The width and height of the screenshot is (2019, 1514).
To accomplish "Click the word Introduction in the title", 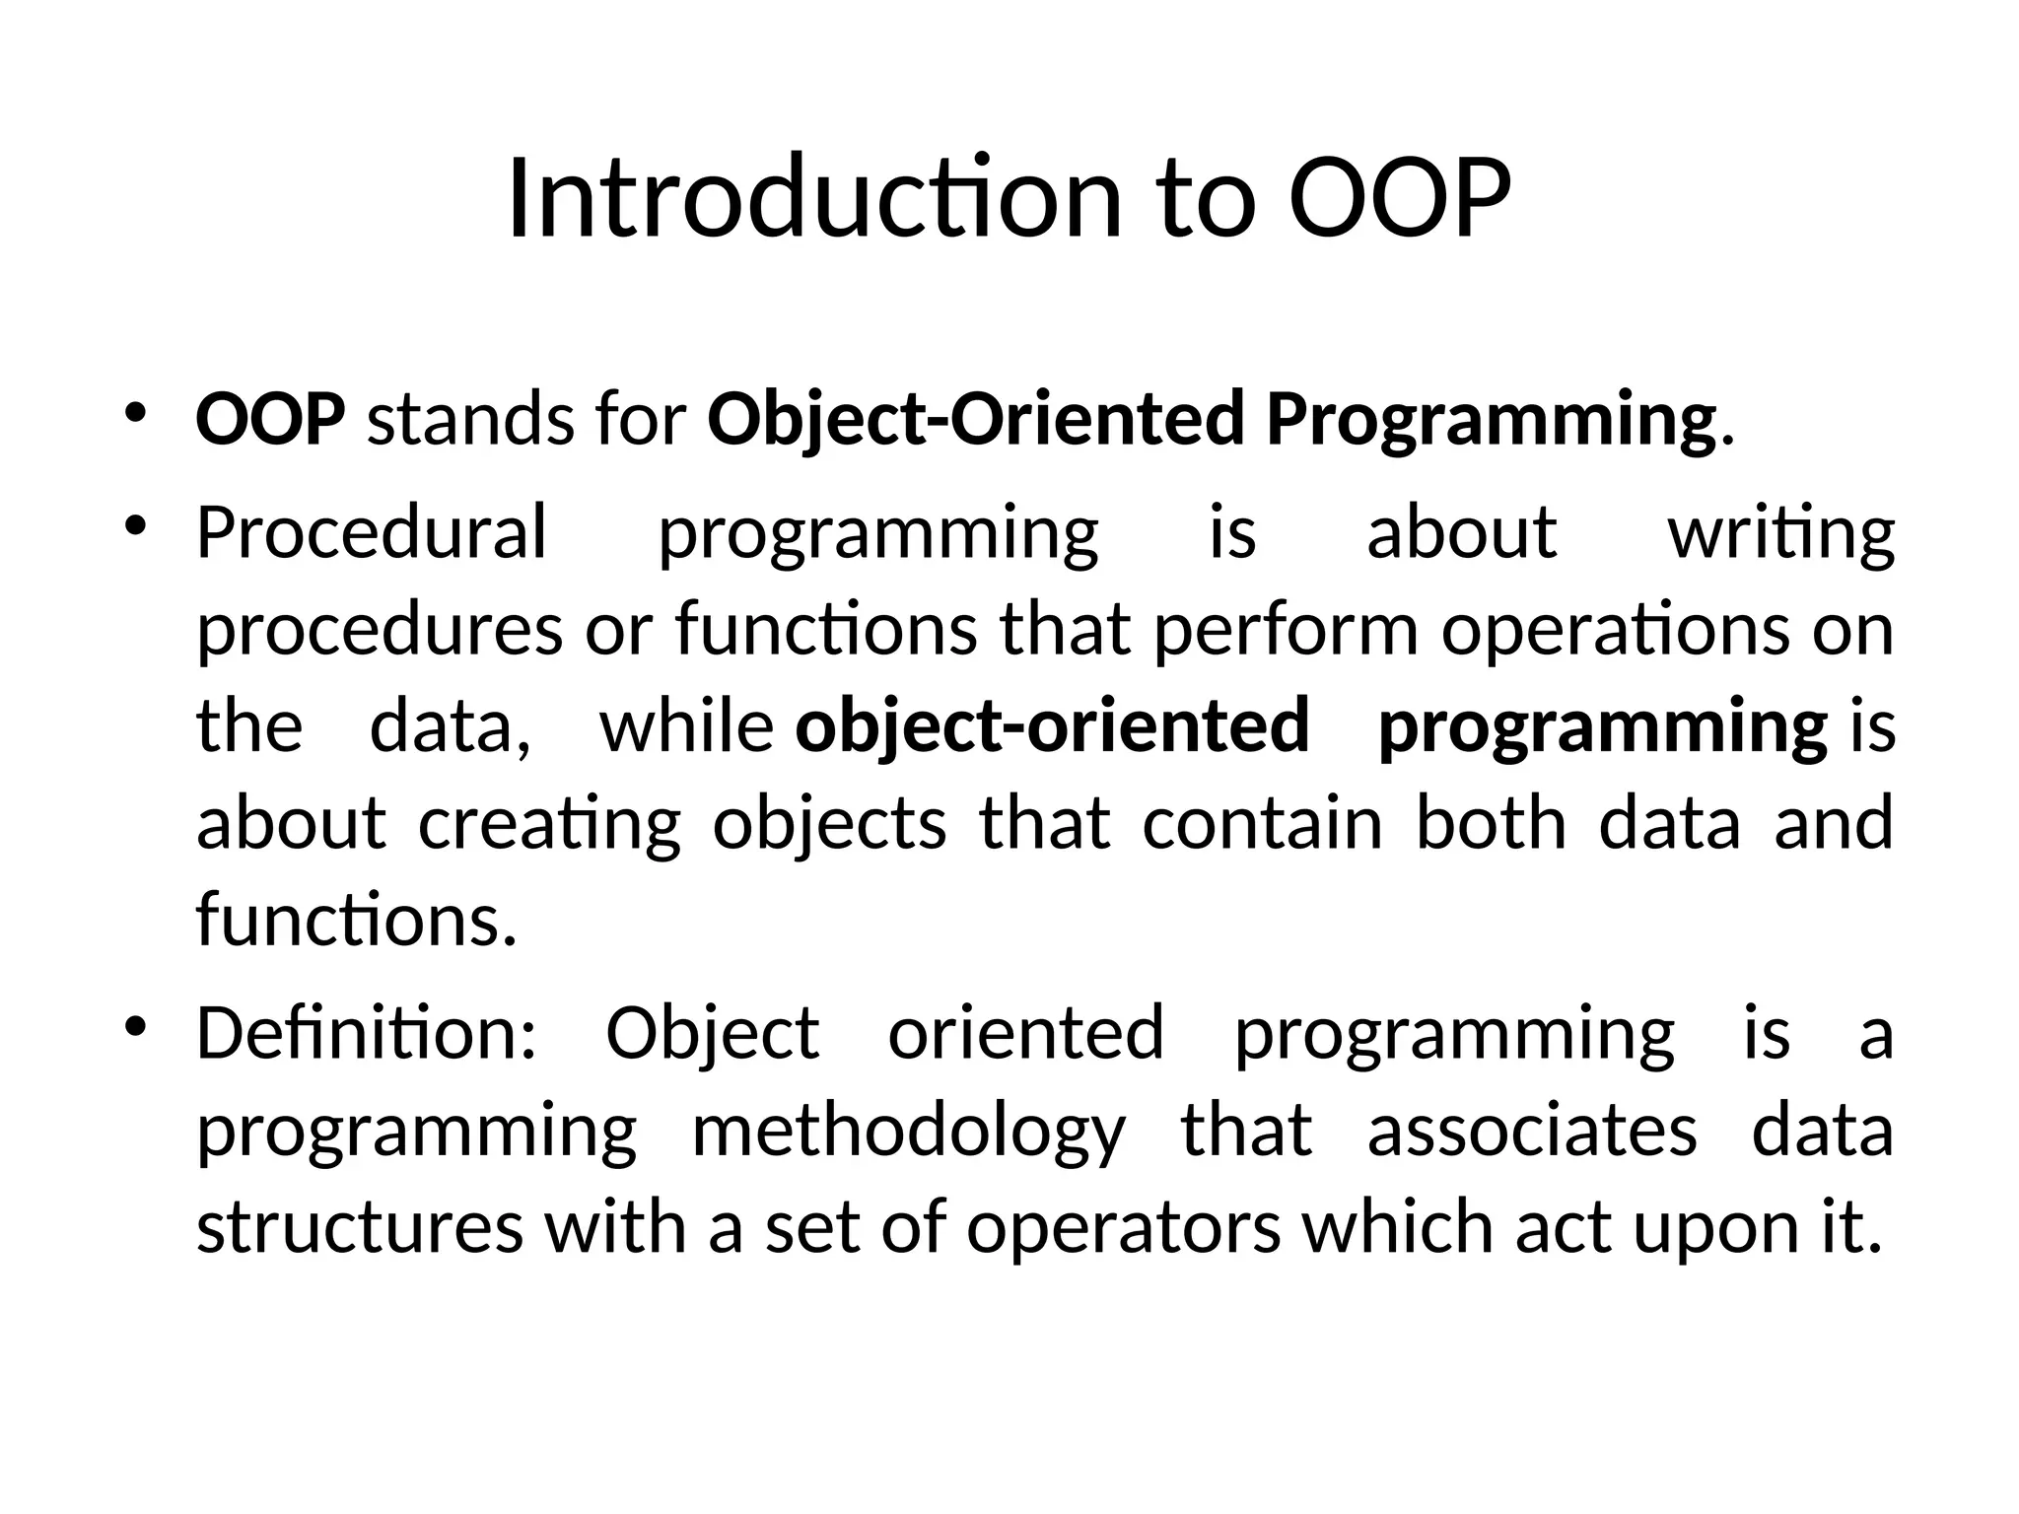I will (x=814, y=199).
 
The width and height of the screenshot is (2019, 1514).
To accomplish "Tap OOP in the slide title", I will (x=1399, y=199).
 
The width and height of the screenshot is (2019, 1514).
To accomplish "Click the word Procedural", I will (x=371, y=532).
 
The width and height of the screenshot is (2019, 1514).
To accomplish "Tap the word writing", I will (x=1780, y=534).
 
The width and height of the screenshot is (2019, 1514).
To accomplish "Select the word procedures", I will (x=380, y=631).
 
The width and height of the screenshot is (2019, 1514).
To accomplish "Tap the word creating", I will (x=549, y=824).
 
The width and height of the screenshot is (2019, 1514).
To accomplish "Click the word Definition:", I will (x=367, y=1033).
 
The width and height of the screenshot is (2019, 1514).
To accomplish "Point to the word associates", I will (x=1532, y=1130).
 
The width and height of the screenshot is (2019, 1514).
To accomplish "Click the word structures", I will (x=360, y=1228).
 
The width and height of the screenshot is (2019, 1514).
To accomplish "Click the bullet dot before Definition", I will (x=136, y=1025).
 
